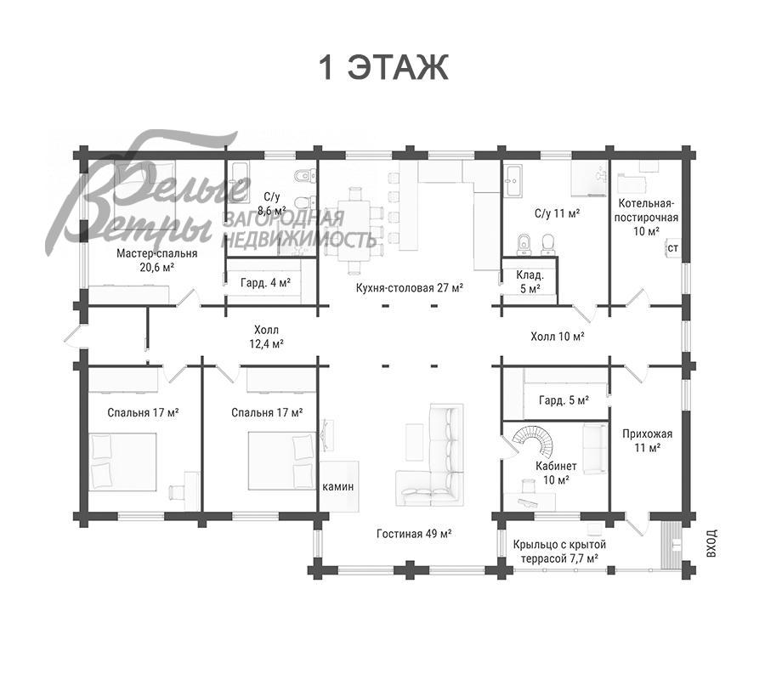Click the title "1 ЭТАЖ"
383,67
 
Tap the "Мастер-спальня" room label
156,253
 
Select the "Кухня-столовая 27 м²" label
410,288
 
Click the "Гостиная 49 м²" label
414,534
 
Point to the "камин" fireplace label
338,486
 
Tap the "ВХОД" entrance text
711,543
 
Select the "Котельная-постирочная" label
646,210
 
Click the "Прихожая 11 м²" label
647,440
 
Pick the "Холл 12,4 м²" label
266,337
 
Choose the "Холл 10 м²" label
558,336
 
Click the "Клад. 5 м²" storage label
530,282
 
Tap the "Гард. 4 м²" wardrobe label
265,282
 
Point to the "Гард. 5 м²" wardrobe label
564,400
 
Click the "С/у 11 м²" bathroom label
557,213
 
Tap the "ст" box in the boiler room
673,248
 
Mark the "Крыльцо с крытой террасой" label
559,551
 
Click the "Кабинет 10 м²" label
556,473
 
